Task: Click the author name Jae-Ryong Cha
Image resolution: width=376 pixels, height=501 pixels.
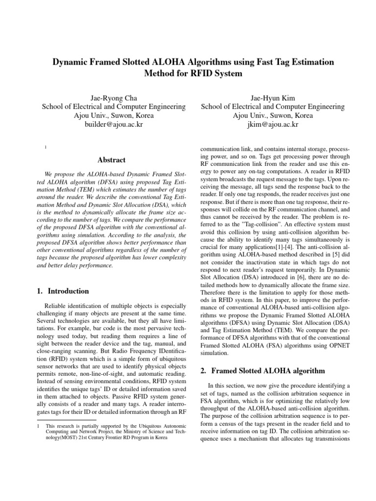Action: pos(113,97)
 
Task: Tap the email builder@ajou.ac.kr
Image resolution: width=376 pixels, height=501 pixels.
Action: pos(113,125)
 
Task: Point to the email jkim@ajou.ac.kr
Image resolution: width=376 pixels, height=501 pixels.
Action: pos(273,125)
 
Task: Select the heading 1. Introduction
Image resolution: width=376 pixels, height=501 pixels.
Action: pos(63,291)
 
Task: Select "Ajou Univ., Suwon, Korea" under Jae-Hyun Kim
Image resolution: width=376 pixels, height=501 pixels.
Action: pos(273,115)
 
